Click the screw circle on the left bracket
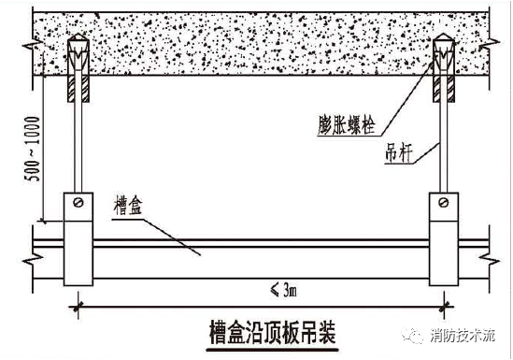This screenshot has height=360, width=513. pyautogui.click(x=81, y=203)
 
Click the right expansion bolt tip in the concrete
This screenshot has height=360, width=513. pyautogui.click(x=443, y=44)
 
